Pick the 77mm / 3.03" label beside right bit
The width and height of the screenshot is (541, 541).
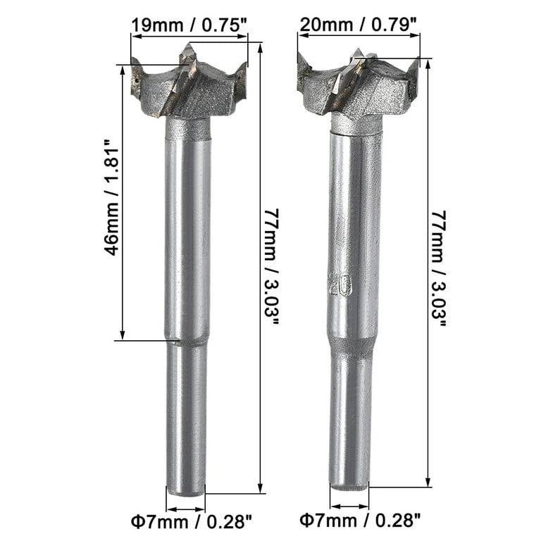click(439, 268)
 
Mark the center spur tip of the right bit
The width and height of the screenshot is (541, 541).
click(357, 52)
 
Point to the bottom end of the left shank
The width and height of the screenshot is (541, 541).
click(186, 489)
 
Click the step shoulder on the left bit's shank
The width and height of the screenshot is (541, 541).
click(187, 341)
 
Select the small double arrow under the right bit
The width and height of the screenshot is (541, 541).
click(349, 506)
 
